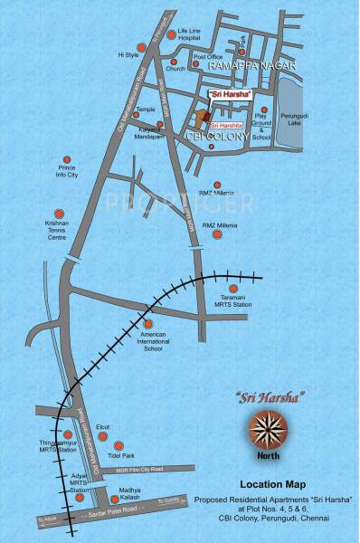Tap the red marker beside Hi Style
140,47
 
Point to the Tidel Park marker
117,445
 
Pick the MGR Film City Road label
133,470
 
